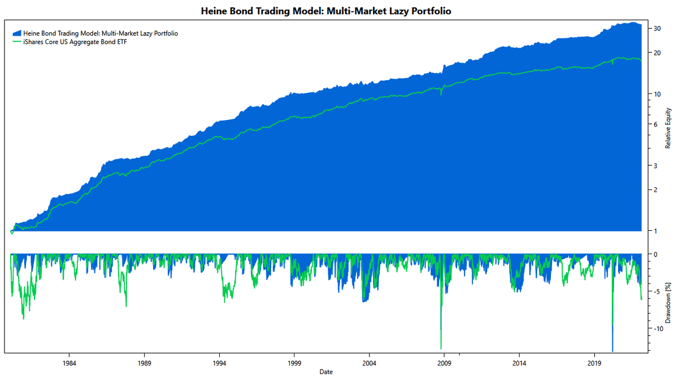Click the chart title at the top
[x=326, y=11]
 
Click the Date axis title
[x=326, y=372]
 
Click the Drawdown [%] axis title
[x=668, y=303]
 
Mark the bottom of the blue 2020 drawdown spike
[x=612, y=351]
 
